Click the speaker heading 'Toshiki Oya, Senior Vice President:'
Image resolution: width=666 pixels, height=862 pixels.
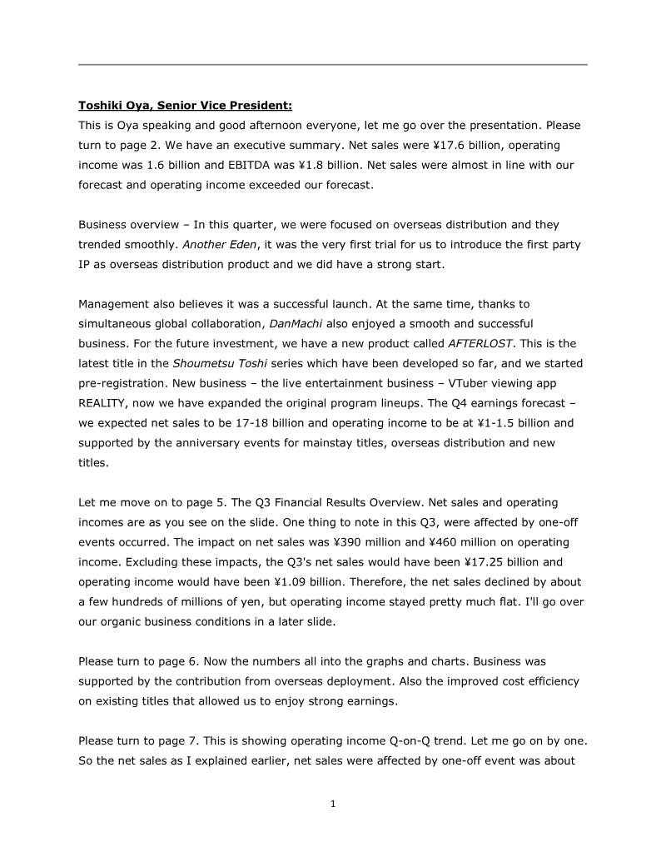[185, 106]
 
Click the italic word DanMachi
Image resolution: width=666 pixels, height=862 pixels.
[294, 323]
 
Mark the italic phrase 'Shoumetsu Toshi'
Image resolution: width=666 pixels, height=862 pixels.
[211, 363]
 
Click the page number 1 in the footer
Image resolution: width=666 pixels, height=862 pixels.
[332, 804]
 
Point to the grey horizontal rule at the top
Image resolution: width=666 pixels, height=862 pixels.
[332, 64]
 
